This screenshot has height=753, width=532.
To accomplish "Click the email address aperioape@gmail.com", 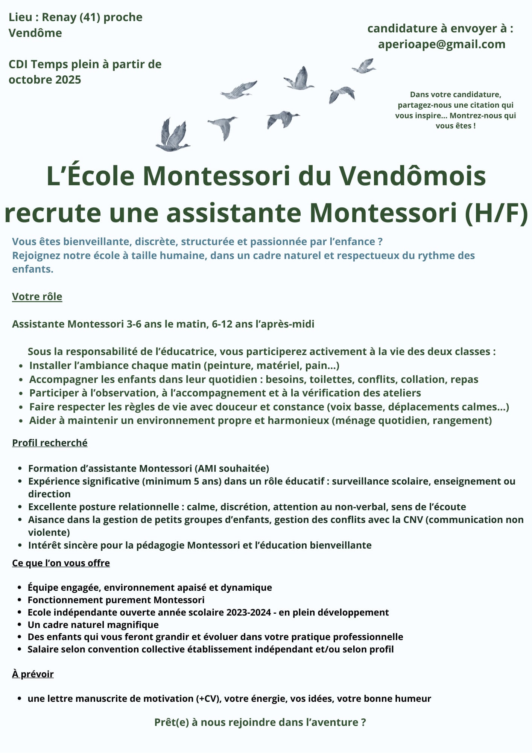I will click(441, 44).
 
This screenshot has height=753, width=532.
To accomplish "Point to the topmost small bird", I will click(364, 66).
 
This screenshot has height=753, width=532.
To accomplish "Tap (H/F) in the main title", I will click(496, 213).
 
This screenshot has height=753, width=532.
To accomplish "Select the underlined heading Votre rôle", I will click(37, 297).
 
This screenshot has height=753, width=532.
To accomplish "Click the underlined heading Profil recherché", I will click(50, 443).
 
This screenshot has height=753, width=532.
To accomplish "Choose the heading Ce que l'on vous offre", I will click(61, 563).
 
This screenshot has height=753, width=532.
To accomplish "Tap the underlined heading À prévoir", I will click(33, 674).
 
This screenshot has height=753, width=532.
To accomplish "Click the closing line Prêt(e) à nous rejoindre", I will click(260, 722).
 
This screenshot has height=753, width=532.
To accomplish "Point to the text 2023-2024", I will click(248, 613).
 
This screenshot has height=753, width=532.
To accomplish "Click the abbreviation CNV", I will click(413, 520).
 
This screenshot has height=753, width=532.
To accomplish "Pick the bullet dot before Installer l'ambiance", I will click(21, 366).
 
